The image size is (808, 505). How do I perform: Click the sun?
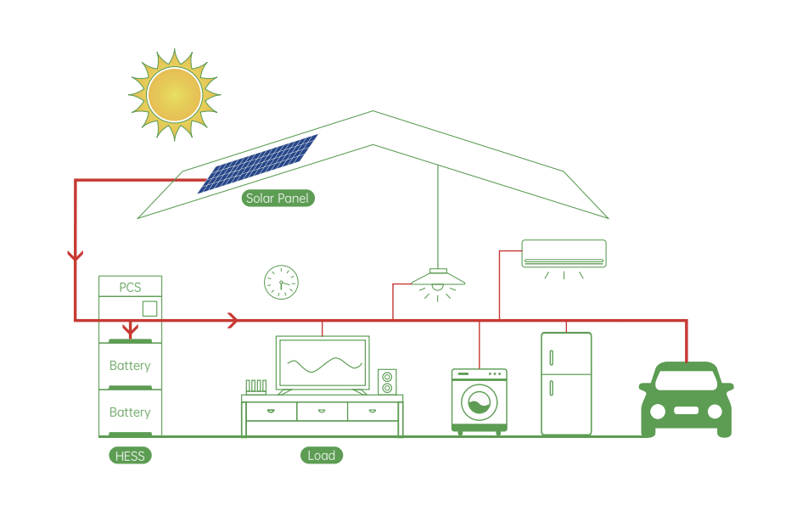[175, 93]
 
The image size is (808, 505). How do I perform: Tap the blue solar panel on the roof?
[258, 163]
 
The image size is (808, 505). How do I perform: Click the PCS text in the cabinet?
[130, 288]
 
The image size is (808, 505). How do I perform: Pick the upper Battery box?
[130, 365]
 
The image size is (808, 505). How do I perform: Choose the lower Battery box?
[130, 412]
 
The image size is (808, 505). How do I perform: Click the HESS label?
[130, 456]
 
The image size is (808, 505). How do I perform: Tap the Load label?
[322, 456]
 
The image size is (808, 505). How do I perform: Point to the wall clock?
[281, 283]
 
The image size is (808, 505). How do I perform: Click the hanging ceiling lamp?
[438, 278]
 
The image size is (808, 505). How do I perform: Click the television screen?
[323, 364]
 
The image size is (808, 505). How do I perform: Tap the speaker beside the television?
[387, 381]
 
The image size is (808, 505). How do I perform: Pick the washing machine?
[480, 401]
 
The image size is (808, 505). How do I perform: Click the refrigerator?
[566, 384]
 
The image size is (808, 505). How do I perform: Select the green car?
[686, 399]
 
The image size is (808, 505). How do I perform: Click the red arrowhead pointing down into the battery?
[130, 329]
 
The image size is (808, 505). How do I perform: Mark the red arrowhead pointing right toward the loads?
[233, 320]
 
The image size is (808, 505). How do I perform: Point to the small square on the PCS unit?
[149, 308]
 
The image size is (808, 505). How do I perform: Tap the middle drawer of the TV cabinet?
[323, 411]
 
